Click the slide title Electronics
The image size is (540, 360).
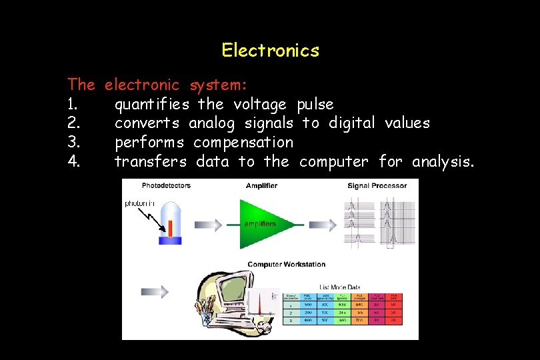pyautogui.click(x=270, y=51)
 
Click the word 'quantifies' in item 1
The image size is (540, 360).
pyautogui.click(x=151, y=105)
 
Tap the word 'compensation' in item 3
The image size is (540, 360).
pyautogui.click(x=243, y=143)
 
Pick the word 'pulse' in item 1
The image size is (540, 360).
pyautogui.click(x=315, y=105)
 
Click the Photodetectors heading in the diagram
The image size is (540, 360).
pyautogui.click(x=165, y=185)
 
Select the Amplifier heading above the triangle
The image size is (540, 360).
pyautogui.click(x=261, y=185)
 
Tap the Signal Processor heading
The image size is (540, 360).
pyautogui.click(x=377, y=185)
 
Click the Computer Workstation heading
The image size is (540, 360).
pyautogui.click(x=286, y=265)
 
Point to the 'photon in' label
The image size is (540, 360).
pyautogui.click(x=140, y=203)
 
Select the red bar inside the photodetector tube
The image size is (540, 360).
pyautogui.click(x=170, y=229)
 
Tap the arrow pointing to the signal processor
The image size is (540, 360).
pyautogui.click(x=323, y=225)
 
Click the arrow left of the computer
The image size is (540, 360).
pyautogui.click(x=155, y=291)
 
